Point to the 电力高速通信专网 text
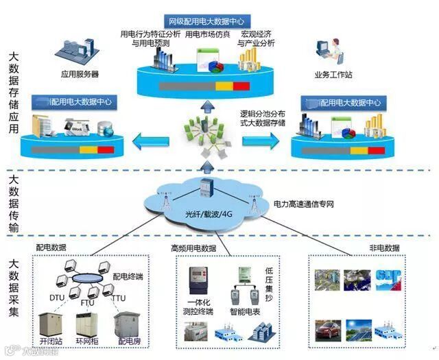pos(305,204)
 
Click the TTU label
pos(118,298)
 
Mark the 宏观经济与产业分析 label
pos(256,38)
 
